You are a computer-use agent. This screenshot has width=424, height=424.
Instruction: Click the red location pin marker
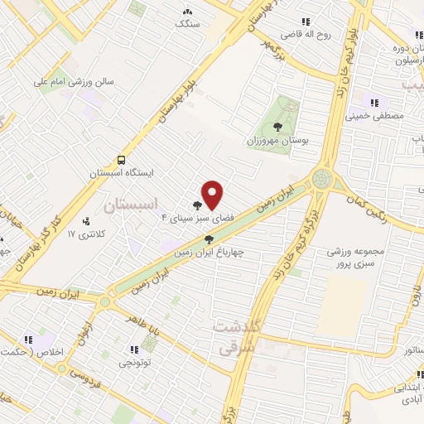tap(213, 195)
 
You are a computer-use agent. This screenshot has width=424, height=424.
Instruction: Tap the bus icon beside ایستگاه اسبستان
tap(122, 160)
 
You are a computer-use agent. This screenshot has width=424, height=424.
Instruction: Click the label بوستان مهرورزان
tap(277, 141)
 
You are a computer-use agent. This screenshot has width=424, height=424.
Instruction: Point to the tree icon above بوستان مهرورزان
tap(277, 127)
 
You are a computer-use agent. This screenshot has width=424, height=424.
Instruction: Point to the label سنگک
tap(188, 24)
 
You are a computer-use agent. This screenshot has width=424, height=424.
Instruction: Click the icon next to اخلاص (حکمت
tap(28, 340)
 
